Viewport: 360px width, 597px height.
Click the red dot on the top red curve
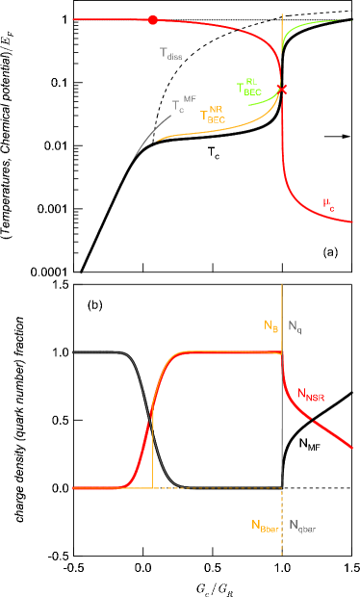(x=153, y=20)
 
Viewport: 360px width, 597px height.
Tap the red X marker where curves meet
(x=282, y=91)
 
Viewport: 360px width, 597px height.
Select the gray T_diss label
(x=170, y=55)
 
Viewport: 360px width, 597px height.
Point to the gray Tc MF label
(x=184, y=104)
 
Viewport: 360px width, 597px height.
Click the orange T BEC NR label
(x=213, y=117)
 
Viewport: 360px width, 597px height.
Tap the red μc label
(x=329, y=203)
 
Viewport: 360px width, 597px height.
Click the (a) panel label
(x=330, y=252)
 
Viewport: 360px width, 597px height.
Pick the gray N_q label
(x=295, y=327)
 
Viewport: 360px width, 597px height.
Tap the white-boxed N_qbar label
(x=302, y=526)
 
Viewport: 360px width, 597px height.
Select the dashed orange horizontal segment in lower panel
(x=183, y=488)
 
